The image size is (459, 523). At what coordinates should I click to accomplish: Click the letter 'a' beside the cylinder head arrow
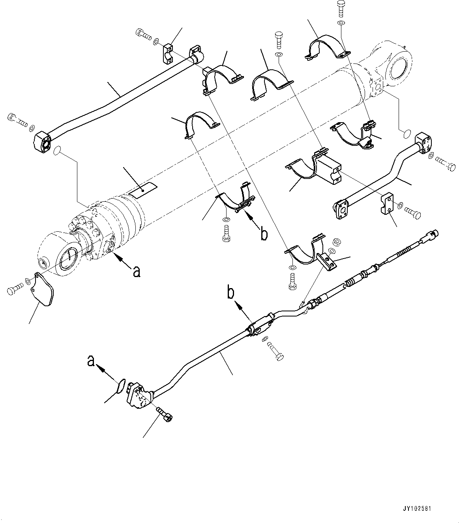tap(136, 272)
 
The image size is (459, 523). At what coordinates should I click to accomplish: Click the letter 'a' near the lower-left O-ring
tap(91, 361)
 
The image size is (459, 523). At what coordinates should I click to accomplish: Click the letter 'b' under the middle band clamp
tap(264, 233)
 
